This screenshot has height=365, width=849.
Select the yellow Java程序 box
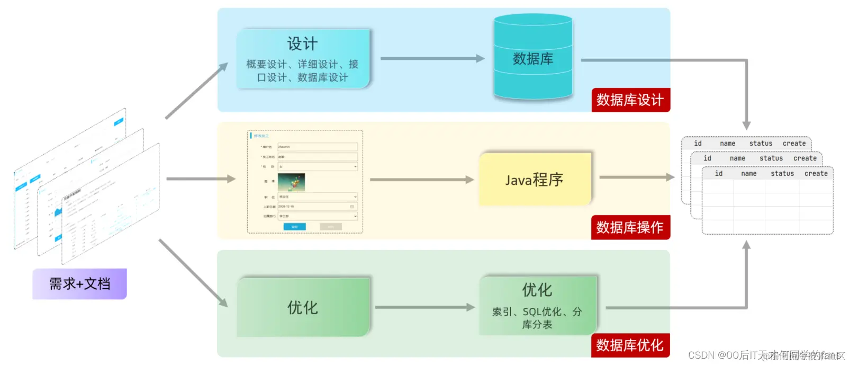pos(534,179)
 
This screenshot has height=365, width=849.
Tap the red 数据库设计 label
pos(630,100)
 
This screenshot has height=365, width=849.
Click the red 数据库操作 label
pos(630,227)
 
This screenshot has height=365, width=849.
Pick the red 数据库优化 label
pos(630,345)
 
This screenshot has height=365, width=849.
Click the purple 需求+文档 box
pos(79,284)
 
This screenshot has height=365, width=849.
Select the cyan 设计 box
pos(302,58)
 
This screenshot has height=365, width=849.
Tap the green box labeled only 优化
pos(302,307)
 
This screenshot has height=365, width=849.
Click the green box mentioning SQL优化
pos(537,306)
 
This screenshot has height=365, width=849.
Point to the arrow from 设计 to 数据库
pos(431,58)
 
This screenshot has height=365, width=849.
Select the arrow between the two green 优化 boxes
pos(424,307)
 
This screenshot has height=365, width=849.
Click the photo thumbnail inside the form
pos(291,182)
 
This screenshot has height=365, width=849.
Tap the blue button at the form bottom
pos(294,227)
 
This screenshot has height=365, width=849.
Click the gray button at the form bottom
pos(330,227)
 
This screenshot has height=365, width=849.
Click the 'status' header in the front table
pos(782,174)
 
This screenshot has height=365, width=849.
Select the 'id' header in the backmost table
pos(698,144)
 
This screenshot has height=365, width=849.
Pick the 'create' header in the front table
pos(816,174)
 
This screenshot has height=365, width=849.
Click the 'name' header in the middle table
pos(737,158)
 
